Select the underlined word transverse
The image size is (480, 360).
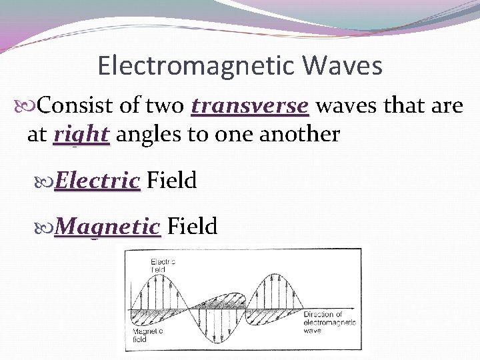click(250, 106)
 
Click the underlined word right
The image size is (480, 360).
click(81, 134)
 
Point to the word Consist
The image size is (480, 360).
click(77, 106)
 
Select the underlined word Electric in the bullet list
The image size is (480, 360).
click(97, 180)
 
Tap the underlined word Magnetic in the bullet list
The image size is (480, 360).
click(107, 226)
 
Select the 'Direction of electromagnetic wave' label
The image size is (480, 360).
click(329, 321)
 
